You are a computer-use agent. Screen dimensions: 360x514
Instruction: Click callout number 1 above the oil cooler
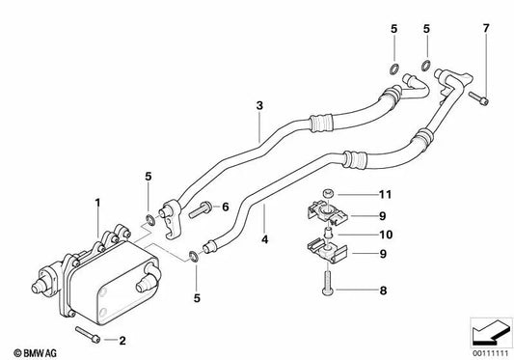coord(96,203)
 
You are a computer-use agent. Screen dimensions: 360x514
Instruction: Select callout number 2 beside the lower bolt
coord(122,341)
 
